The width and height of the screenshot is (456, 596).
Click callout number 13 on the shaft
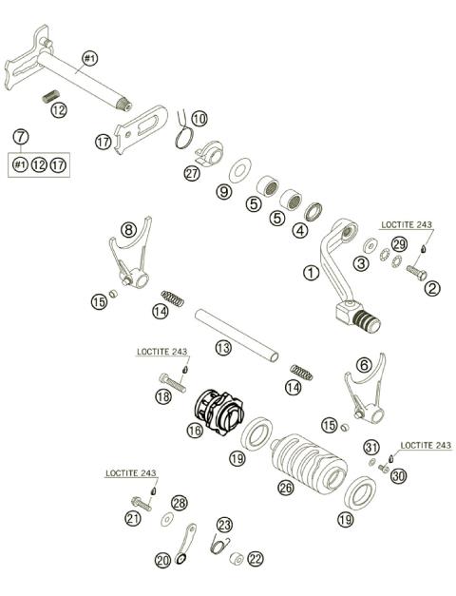(x=222, y=348)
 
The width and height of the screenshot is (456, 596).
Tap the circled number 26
(x=284, y=487)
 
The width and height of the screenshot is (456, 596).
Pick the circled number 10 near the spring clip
(x=199, y=119)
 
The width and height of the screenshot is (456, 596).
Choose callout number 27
(x=193, y=173)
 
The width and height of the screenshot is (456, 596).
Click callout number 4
(x=300, y=229)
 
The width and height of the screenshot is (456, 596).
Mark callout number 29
(x=399, y=245)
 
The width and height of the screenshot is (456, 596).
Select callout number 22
(x=254, y=558)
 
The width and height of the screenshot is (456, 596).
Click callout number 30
(x=398, y=475)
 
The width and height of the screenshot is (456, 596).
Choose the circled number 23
(x=223, y=524)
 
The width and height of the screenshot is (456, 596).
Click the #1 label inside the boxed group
(x=20, y=165)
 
